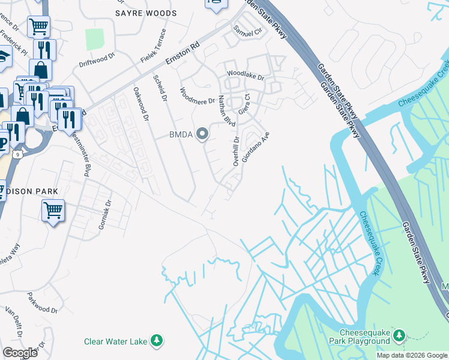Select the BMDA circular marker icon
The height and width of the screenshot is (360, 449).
(x=203, y=134)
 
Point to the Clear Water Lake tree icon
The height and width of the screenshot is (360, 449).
(x=157, y=341)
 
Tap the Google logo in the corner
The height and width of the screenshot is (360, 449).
(x=20, y=353)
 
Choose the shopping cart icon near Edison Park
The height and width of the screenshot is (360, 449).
(x=53, y=211)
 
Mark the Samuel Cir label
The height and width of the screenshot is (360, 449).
(x=248, y=30)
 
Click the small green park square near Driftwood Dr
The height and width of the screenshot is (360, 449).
(x=95, y=39)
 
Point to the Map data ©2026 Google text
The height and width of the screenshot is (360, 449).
(x=412, y=355)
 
